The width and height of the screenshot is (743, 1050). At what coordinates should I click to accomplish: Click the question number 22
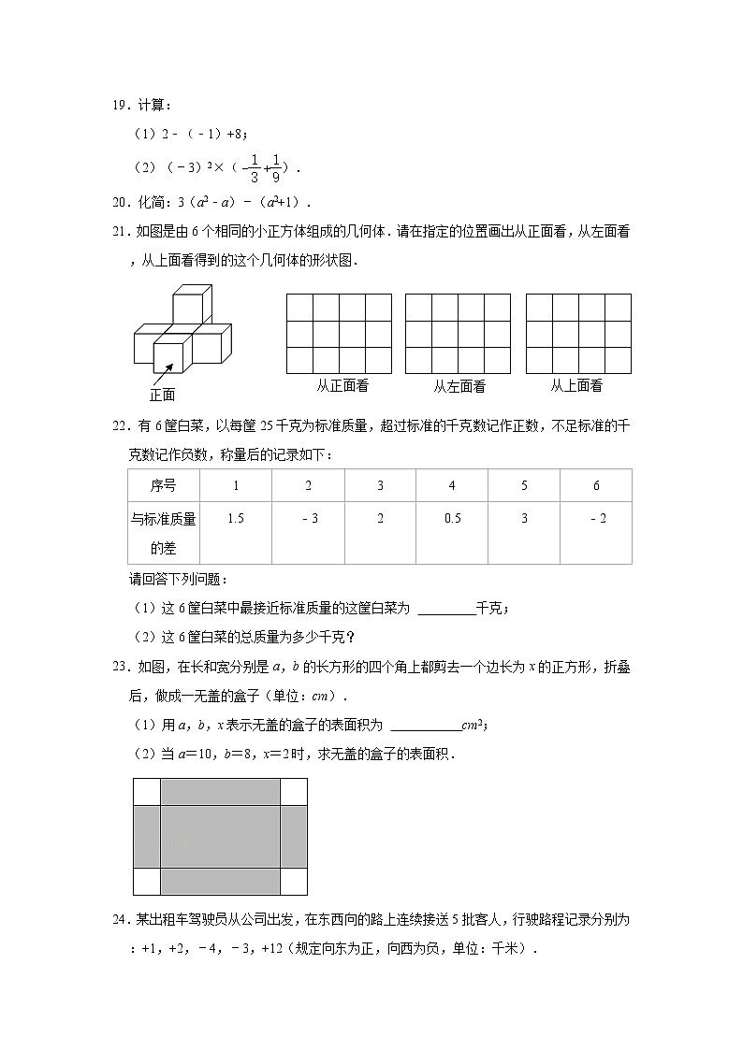(x=120, y=426)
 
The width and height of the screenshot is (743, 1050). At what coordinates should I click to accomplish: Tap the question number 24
(x=120, y=920)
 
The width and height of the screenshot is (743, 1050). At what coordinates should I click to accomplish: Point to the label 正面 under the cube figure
(x=162, y=395)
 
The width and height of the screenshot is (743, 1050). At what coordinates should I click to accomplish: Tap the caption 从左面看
(x=459, y=385)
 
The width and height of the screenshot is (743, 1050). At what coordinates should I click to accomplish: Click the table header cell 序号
(x=163, y=485)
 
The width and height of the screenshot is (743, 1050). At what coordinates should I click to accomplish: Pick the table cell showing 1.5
(x=236, y=519)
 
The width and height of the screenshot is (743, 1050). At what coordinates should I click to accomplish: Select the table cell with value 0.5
(x=452, y=519)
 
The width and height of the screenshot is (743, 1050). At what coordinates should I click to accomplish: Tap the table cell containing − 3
(x=308, y=519)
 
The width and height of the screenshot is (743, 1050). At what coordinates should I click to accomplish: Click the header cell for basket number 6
(x=596, y=485)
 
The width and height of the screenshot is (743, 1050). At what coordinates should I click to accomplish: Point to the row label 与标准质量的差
(x=163, y=533)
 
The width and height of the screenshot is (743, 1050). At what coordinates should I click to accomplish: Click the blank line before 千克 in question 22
(x=445, y=609)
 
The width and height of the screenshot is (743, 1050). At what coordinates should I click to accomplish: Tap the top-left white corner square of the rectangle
(x=147, y=791)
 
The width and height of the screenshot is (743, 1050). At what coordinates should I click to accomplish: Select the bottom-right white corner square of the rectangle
(x=294, y=881)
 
